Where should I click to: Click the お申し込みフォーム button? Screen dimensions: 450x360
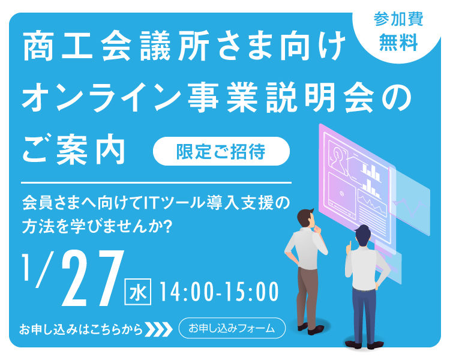click(x=232, y=328)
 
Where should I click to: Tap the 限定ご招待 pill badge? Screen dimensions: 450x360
click(x=221, y=151)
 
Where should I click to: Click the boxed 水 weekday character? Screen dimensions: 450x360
click(x=138, y=292)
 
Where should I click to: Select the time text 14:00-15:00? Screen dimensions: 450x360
click(x=218, y=292)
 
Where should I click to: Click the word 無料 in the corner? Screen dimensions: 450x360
click(x=398, y=43)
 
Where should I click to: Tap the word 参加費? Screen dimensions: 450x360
click(x=398, y=20)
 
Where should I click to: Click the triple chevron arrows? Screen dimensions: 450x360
click(x=159, y=329)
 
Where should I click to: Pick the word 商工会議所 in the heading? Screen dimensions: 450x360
click(x=116, y=47)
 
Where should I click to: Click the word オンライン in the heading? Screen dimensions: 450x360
click(x=101, y=97)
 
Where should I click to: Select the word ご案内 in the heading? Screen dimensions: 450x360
click(x=74, y=149)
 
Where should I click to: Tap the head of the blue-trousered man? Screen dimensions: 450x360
click(x=363, y=234)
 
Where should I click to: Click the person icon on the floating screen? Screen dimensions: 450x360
click(x=338, y=160)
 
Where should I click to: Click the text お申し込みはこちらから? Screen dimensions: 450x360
click(x=81, y=329)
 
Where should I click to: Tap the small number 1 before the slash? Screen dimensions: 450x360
click(x=27, y=267)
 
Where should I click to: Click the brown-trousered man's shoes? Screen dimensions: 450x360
click(x=311, y=329)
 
